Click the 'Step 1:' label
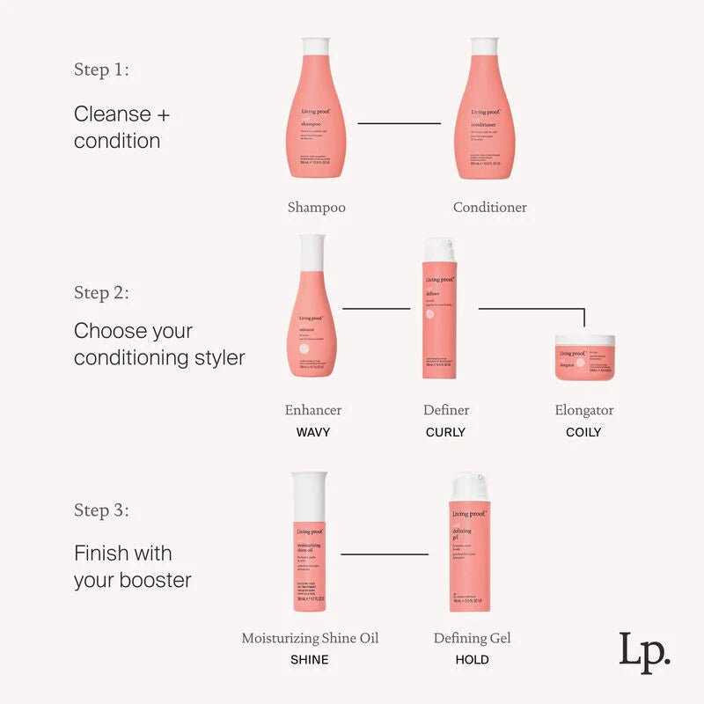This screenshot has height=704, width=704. click(101, 70)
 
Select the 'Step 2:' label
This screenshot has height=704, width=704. click(101, 293)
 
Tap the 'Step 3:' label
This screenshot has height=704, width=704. click(101, 510)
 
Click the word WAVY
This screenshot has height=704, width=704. click(312, 432)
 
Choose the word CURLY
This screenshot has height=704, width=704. click(445, 432)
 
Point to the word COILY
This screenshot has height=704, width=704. click(583, 432)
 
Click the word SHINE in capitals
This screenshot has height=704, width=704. click(309, 659)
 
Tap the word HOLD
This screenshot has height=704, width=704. click(472, 659)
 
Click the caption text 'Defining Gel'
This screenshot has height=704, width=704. click(472, 638)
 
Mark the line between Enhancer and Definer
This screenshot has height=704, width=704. click(376, 309)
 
